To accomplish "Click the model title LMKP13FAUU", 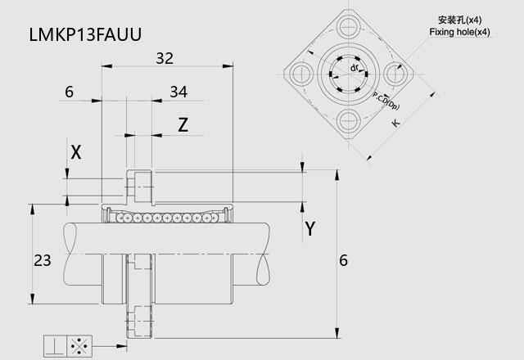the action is pos(85,34).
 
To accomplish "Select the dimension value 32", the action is pos(165,58).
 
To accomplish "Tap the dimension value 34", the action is pos(178,92).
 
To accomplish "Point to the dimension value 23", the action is pos(43,260).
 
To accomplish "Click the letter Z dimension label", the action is pos(183,125).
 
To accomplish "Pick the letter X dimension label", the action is pos(76,152).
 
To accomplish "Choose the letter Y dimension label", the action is pos(310,229).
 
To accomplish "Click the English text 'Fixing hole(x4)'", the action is pos(459,32).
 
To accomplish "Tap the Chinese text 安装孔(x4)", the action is pos(460,20).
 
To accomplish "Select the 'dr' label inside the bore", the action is pos(355,68).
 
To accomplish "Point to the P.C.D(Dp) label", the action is pos(386,101).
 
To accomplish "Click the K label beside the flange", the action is pos(395,123).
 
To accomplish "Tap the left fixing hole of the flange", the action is pos(301,74).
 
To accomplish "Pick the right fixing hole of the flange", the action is pos(395,73).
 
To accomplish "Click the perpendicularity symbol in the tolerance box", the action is pos(55,345).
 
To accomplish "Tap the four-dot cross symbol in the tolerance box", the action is pos(79,345).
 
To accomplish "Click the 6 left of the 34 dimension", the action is pos(69,92).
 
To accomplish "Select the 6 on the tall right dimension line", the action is pos(344,260).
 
